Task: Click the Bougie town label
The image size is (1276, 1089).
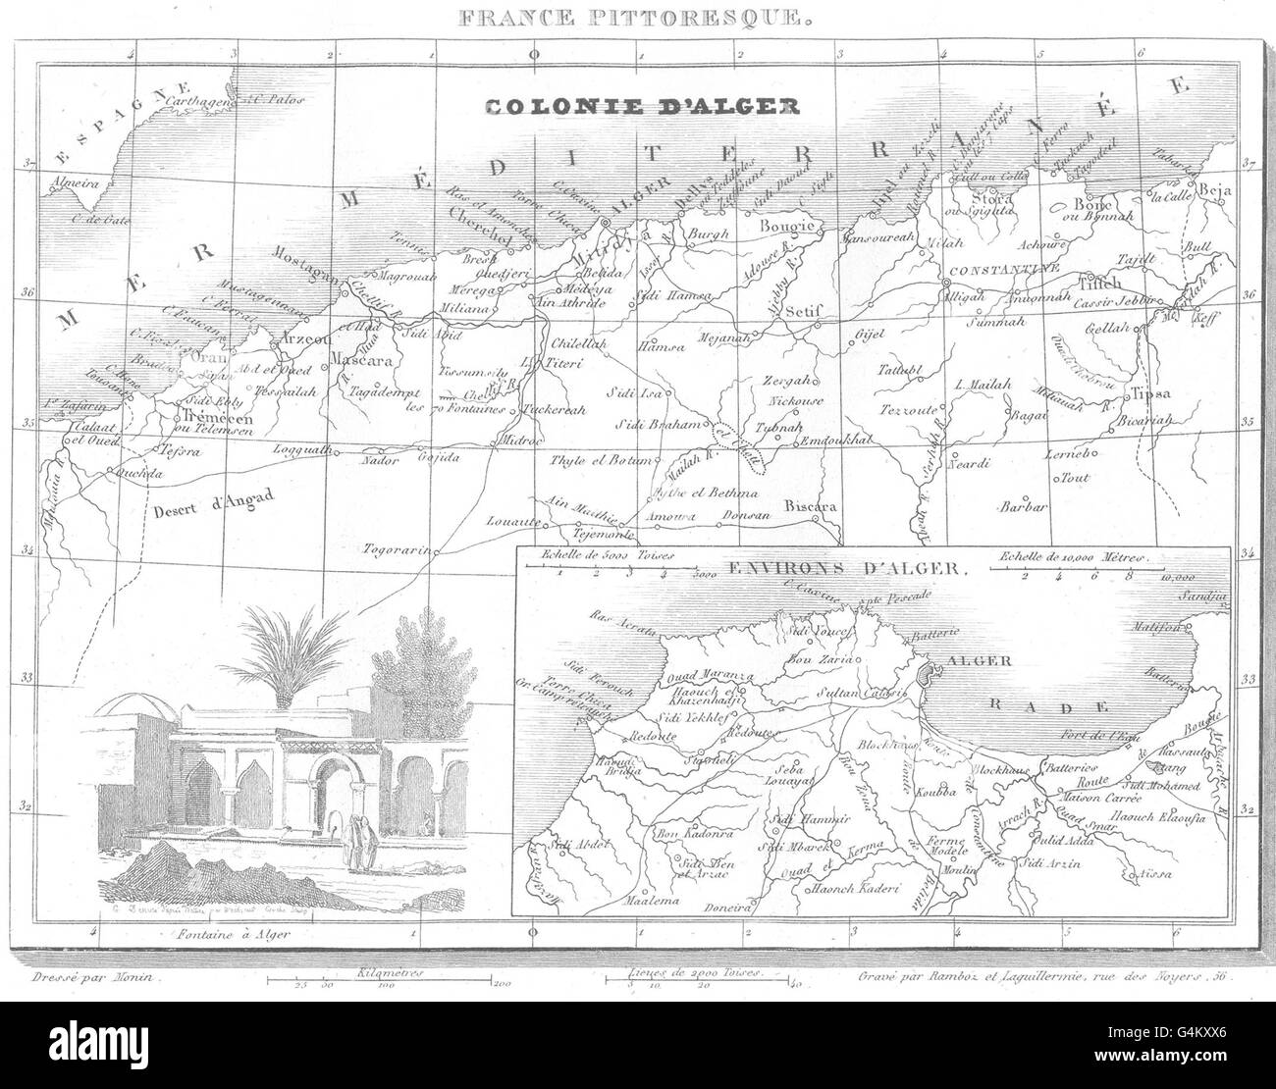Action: coord(788,227)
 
